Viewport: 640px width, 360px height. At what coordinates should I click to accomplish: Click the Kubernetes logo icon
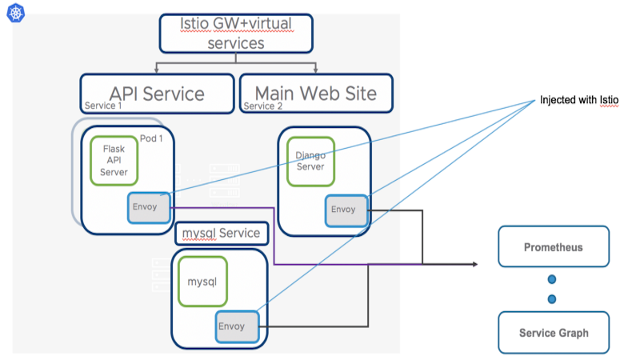point(16,13)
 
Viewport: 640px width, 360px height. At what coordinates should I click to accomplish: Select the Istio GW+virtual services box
point(236,34)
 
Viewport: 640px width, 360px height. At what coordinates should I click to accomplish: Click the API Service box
point(157,94)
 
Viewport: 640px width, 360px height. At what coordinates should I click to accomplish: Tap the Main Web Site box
point(316,93)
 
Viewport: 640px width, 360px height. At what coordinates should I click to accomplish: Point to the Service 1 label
point(103,106)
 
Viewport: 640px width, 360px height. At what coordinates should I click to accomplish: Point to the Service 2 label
point(263,106)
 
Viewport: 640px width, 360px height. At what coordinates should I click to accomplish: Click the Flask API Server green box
point(114,161)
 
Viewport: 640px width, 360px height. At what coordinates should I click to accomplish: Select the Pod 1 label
point(151,138)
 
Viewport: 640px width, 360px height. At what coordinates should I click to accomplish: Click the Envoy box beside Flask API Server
point(149,207)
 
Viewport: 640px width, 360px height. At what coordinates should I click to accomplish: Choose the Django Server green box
point(310,162)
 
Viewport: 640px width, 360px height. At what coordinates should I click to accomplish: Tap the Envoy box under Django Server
point(346,210)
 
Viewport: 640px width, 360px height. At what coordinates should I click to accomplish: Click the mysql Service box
point(222,233)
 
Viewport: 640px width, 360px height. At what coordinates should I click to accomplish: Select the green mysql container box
point(202,282)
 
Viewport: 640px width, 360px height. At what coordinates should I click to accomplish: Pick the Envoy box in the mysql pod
point(237,326)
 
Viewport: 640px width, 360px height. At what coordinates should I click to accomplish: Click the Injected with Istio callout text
point(579,100)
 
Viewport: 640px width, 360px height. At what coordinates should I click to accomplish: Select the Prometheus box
point(554,246)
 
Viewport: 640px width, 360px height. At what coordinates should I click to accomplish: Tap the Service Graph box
point(554,333)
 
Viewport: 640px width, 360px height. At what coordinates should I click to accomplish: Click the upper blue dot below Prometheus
point(552,279)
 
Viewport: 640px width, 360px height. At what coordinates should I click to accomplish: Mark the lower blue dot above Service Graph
point(552,299)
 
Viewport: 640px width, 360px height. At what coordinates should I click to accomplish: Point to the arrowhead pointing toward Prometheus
point(475,264)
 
